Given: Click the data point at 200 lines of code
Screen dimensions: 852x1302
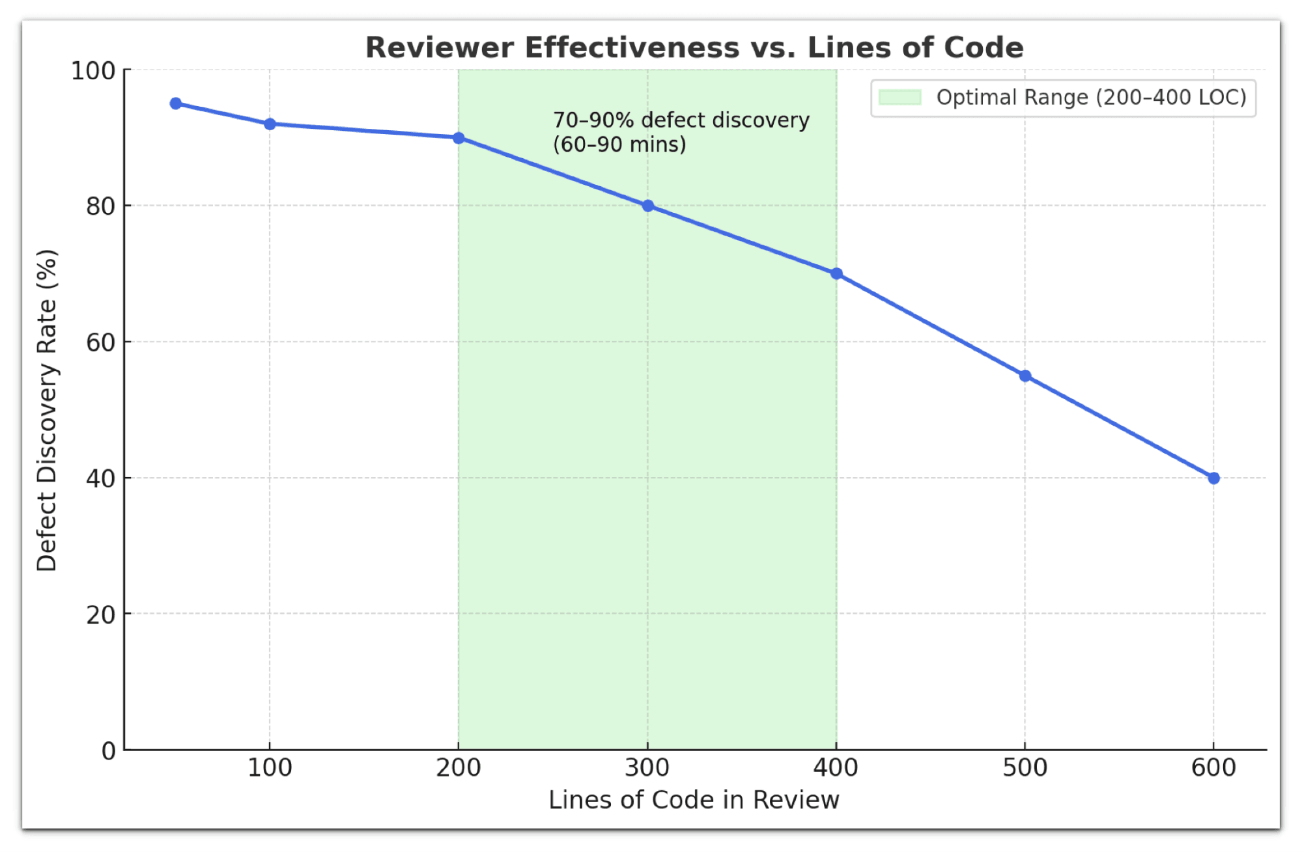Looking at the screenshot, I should tap(459, 138).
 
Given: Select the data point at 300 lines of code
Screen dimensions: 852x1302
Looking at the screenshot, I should tap(647, 206).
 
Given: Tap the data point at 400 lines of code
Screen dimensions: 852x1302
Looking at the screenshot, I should tap(836, 273).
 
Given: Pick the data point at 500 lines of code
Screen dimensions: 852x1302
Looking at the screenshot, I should tap(1025, 376).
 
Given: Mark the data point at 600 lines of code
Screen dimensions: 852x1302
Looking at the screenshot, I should tap(1213, 478).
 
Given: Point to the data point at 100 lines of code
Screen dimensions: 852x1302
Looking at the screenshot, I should tap(270, 124).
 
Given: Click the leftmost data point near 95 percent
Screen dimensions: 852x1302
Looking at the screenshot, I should tap(175, 103).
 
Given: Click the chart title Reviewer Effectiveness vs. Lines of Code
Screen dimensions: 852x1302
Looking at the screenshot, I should tap(694, 48).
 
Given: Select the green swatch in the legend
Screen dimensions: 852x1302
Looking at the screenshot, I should tap(899, 98).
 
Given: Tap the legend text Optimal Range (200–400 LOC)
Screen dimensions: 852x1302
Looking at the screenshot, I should tap(1091, 98).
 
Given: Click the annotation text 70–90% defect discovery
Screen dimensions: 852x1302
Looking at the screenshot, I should tap(681, 120).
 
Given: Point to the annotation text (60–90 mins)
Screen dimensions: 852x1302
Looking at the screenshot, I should tap(619, 144).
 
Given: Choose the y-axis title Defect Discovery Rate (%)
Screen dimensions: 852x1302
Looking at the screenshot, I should tap(47, 410).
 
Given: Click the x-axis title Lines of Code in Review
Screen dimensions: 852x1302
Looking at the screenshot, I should tap(694, 800).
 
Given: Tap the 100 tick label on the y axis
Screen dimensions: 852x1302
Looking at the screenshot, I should tap(92, 71).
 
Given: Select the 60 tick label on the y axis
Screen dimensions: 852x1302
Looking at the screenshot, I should tap(100, 342).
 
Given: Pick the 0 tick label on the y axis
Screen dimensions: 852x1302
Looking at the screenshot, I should tap(108, 751).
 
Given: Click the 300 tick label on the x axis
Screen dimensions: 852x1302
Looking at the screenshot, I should tap(647, 768).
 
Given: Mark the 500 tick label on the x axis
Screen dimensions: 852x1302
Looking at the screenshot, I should tap(1025, 768).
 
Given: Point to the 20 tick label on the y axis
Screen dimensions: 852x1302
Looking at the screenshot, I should tap(100, 614).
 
